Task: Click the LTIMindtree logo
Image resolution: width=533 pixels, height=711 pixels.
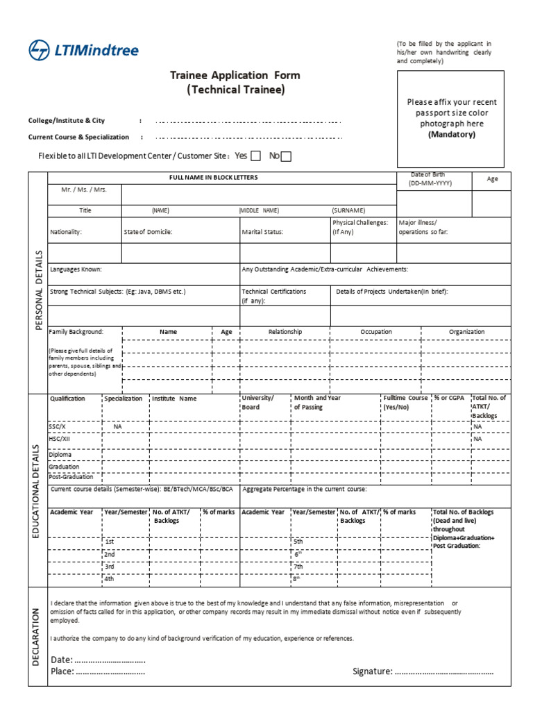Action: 83,50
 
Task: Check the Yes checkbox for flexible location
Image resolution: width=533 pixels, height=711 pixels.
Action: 255,156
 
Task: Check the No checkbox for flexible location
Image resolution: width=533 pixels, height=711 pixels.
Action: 286,156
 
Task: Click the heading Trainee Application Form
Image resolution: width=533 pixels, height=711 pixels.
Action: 235,75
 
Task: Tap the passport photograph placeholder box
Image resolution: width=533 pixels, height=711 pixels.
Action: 450,118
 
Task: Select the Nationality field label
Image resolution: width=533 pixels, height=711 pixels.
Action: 66,232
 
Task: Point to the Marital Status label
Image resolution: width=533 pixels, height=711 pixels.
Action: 262,232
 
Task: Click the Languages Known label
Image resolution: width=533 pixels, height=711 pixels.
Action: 76,269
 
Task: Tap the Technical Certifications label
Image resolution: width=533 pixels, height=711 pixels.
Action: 273,292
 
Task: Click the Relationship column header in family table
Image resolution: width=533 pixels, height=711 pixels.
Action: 285,332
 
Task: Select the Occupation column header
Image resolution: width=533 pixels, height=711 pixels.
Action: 376,332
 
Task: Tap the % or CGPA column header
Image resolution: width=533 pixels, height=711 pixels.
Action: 450,399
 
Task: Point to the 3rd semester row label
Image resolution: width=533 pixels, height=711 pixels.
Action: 110,567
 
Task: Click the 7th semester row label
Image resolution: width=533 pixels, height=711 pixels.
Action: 299,567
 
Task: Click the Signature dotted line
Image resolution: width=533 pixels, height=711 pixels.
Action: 444,671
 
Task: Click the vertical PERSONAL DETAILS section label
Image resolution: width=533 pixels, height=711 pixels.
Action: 38,290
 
